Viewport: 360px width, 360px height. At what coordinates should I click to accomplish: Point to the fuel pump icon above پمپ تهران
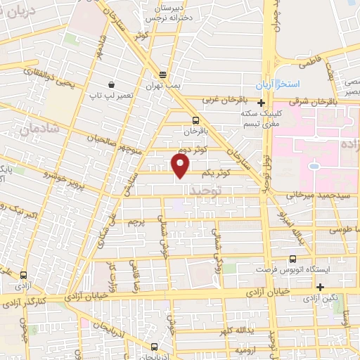pyautogui.click(x=163, y=75)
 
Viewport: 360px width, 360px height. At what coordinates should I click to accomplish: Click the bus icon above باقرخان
pyautogui.click(x=195, y=120)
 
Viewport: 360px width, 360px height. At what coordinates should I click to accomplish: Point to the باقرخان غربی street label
pyautogui.click(x=217, y=99)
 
